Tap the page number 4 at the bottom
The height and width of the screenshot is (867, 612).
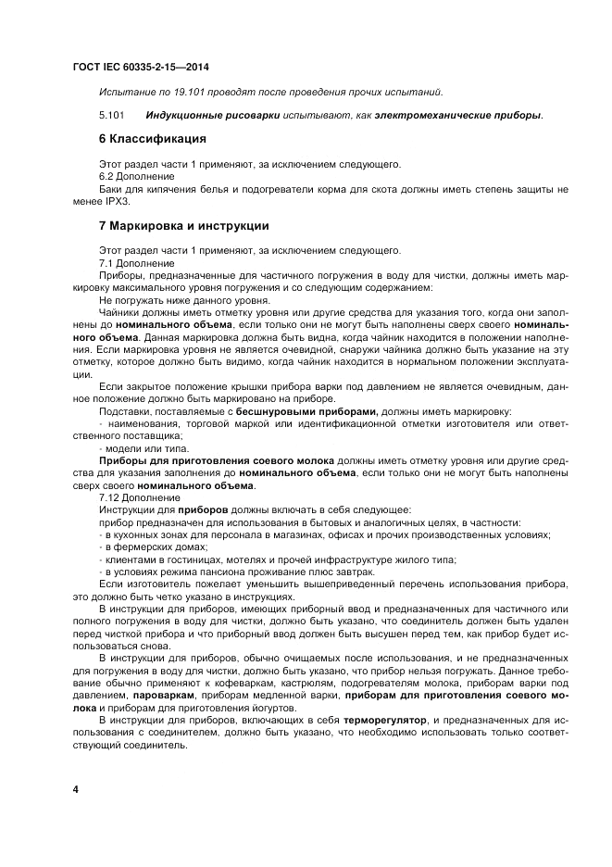click(76, 789)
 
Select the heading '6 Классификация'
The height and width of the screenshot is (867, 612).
click(152, 139)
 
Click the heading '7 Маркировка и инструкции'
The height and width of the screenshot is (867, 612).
click(183, 225)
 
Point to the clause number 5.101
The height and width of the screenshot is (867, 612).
click(111, 115)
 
